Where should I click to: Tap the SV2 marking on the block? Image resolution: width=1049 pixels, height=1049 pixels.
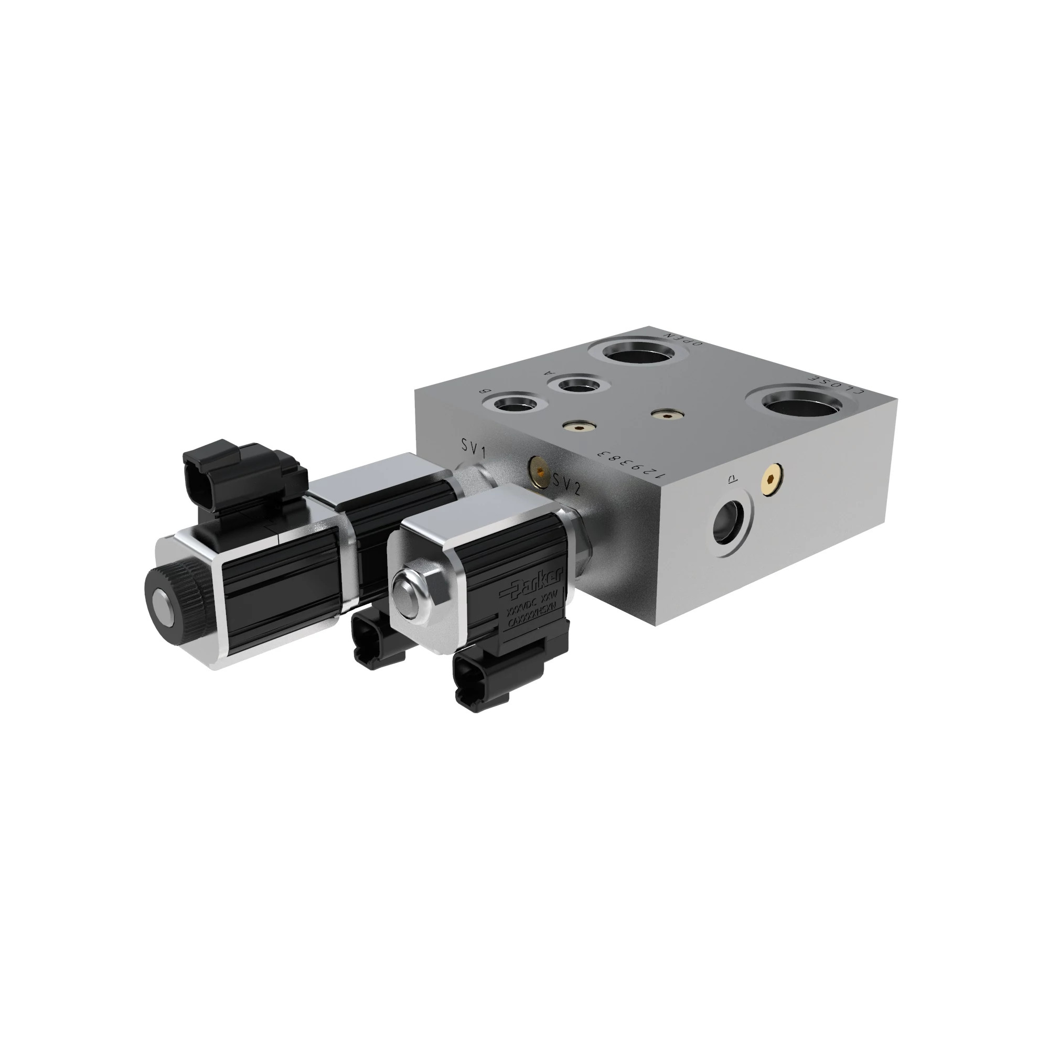coord(568,484)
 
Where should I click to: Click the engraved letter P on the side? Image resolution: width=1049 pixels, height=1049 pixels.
coord(731,478)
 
